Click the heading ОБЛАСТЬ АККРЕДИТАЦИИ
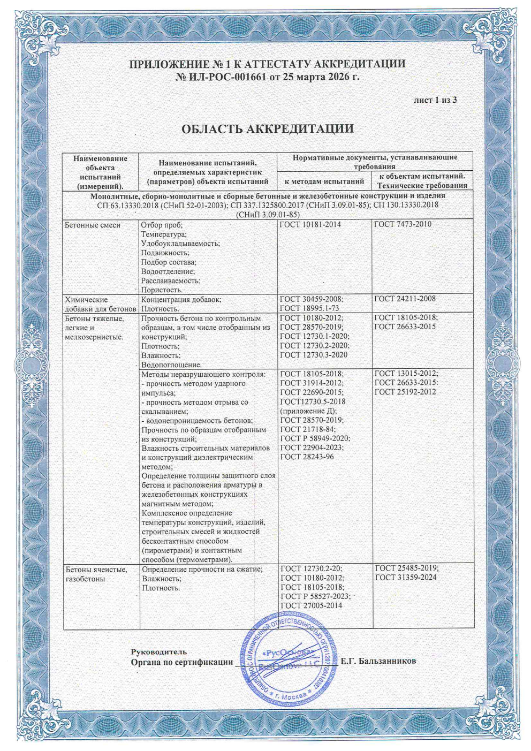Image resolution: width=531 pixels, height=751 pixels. point(267,129)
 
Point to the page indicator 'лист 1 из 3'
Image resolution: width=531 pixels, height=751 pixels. point(435,100)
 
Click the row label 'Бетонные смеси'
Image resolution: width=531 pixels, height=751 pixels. point(93,225)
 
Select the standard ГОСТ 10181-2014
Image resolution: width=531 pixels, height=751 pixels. point(310,224)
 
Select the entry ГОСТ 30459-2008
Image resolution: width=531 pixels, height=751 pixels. point(312,299)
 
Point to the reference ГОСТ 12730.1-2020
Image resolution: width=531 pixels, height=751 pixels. point(315,336)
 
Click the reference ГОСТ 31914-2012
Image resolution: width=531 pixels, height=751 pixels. point(312,383)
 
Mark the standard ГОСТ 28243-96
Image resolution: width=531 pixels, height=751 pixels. point(307,457)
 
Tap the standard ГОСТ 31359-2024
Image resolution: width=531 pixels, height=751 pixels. point(406,578)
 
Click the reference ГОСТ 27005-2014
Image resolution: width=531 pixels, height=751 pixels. point(312,605)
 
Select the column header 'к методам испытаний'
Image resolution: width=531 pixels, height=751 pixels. point(324,181)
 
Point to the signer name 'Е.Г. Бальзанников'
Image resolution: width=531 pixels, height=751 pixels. point(378,661)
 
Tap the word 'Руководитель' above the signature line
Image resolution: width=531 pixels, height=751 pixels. point(159,651)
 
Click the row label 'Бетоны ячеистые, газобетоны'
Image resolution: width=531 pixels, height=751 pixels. point(96,574)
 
